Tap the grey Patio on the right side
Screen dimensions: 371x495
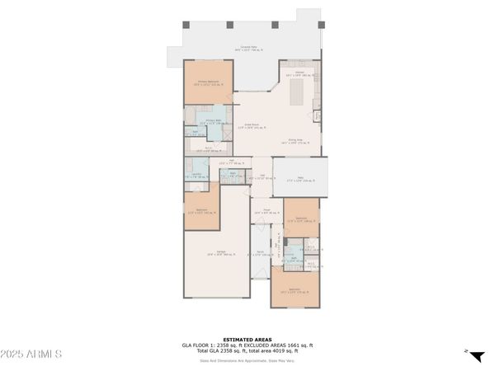pyautogui.click(x=300, y=177)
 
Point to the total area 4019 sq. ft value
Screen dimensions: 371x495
pyautogui.click(x=285, y=350)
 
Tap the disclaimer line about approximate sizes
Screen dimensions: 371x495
pyautogui.click(x=247, y=359)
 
